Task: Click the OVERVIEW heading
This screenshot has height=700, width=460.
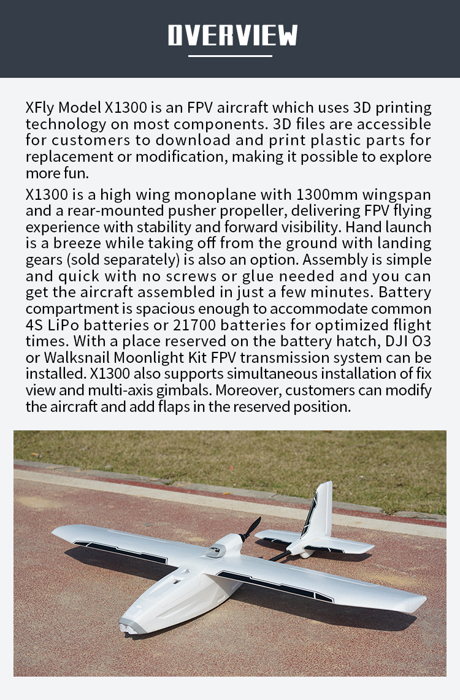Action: pos(232,36)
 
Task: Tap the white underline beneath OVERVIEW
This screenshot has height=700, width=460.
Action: pos(230,56)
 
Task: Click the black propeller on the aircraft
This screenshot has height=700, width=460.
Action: pos(251,528)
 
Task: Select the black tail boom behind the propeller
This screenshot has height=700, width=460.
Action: pos(278,556)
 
